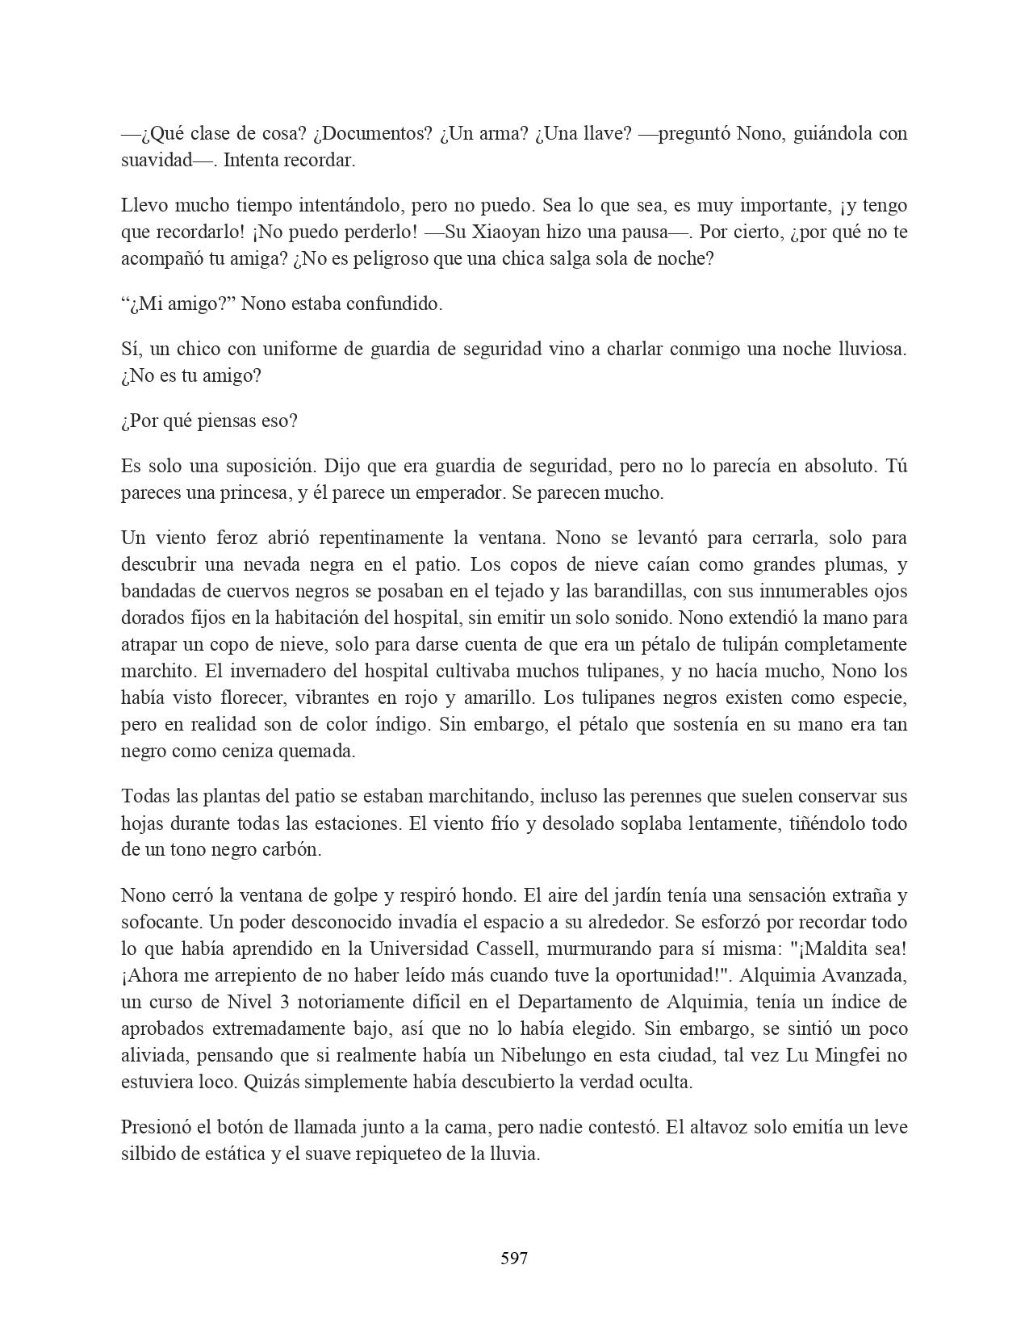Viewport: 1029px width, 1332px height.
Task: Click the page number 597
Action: pyautogui.click(x=514, y=1258)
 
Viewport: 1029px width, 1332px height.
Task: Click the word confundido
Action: pyautogui.click(x=399, y=304)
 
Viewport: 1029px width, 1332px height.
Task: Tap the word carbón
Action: pyautogui.click(x=294, y=849)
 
